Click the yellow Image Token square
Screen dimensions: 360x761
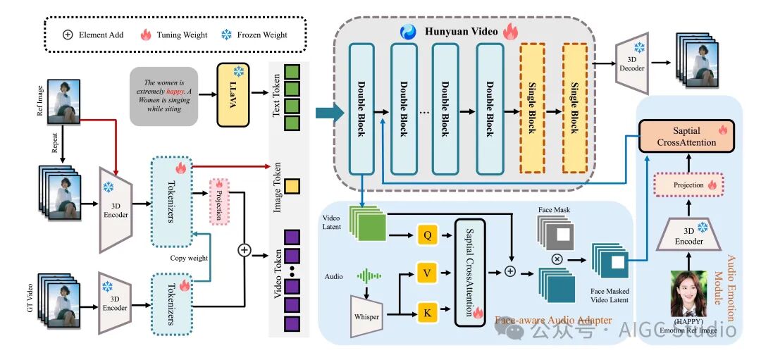tap(292, 186)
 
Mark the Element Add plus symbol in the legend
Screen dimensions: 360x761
tap(68, 34)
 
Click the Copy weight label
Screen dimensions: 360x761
tap(190, 258)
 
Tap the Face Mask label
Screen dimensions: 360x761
tap(554, 209)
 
